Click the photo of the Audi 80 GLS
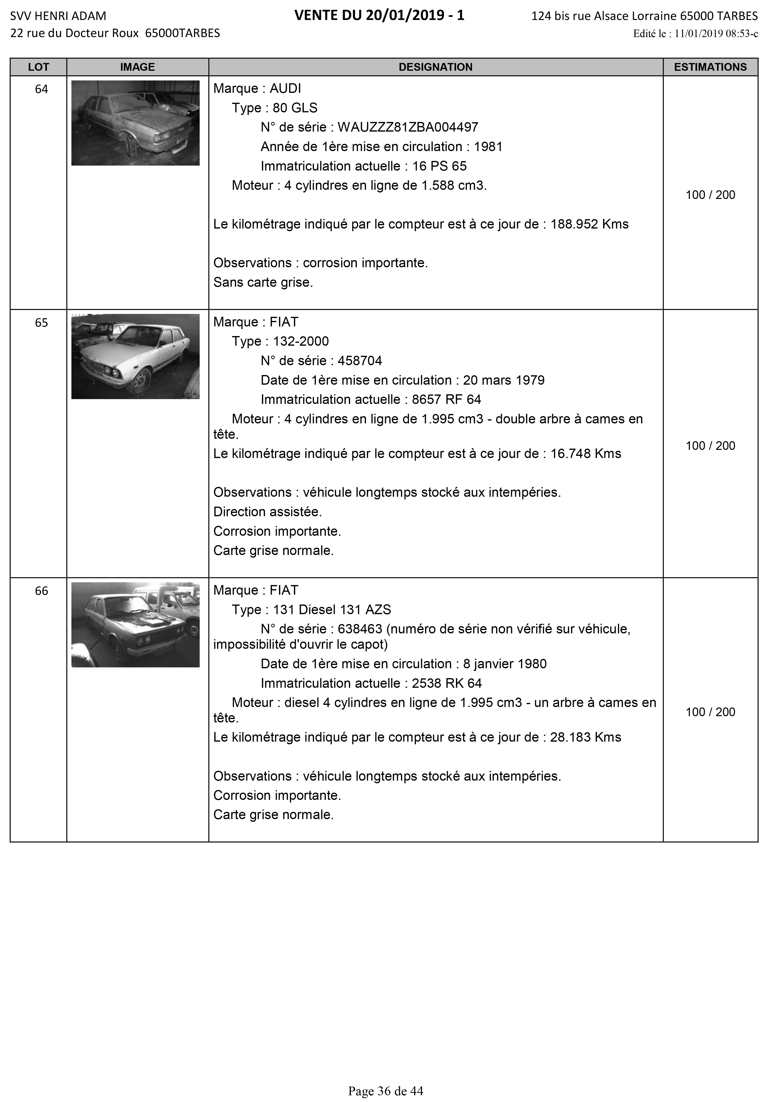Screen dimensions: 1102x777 [135, 123]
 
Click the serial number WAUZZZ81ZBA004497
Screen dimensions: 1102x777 [408, 127]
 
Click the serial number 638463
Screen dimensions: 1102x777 [360, 629]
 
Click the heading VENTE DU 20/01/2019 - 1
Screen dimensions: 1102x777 [379, 16]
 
